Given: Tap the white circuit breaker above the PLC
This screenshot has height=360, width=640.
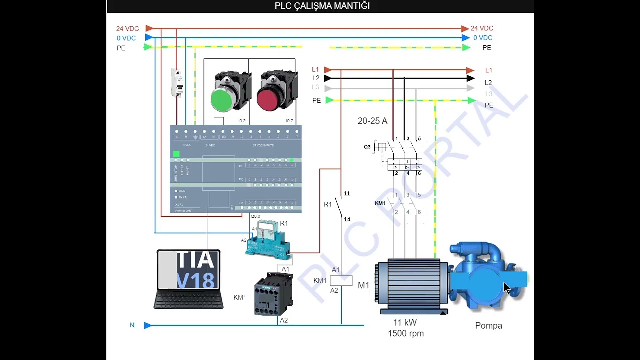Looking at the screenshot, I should [177, 82].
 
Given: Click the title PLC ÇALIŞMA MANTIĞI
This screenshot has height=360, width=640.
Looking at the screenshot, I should [322, 6].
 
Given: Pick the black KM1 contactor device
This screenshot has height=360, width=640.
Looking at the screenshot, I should [273, 294].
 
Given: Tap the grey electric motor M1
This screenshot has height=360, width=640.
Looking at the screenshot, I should [411, 285].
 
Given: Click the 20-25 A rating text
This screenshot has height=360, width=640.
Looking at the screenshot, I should [372, 121].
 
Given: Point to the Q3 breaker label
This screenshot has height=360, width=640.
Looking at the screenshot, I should [367, 147].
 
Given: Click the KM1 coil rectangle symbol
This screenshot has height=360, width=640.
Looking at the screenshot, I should [341, 280].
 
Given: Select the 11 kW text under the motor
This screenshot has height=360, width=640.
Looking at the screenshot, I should [405, 322].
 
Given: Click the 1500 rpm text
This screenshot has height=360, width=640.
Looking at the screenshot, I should [405, 333].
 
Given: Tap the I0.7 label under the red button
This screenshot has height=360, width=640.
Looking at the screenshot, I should [289, 121].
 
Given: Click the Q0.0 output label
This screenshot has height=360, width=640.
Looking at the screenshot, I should [255, 216].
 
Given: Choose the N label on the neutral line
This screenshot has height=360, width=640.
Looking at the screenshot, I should [132, 325].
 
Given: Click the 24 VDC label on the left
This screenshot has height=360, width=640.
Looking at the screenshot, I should [127, 28].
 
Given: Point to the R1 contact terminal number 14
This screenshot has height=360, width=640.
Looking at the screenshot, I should [347, 219].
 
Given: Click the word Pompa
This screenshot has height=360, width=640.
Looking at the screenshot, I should [488, 326].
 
